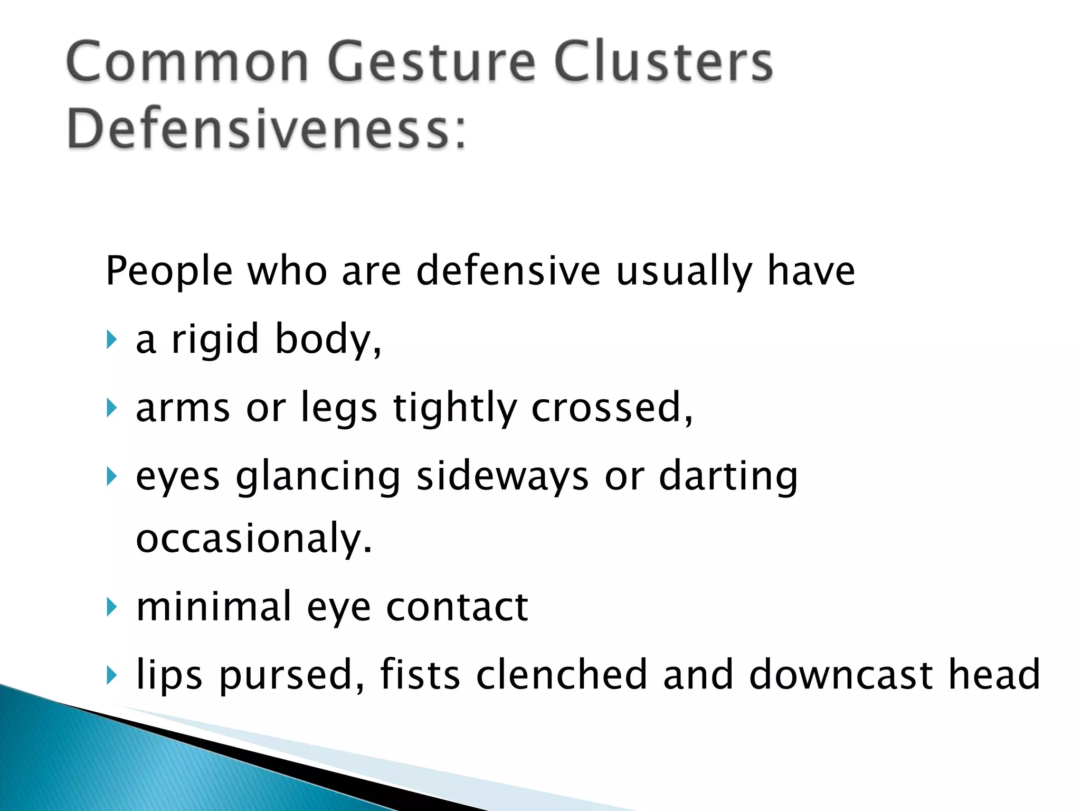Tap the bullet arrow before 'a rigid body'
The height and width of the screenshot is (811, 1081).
pos(110,340)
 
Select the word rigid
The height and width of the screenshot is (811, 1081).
pos(215,339)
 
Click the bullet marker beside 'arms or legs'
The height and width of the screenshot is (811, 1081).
pos(110,408)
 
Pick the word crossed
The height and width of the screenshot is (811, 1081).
pos(611,408)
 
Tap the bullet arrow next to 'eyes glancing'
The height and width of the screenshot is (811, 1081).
pos(110,477)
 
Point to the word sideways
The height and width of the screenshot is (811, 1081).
pos(502,476)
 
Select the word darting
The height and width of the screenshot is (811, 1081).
pos(728,476)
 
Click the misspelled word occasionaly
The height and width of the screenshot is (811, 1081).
pos(254,539)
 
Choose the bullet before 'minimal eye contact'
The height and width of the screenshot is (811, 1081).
pos(110,607)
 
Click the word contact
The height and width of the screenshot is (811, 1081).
pos(457,607)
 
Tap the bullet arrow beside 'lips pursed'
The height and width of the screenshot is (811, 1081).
pos(110,675)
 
